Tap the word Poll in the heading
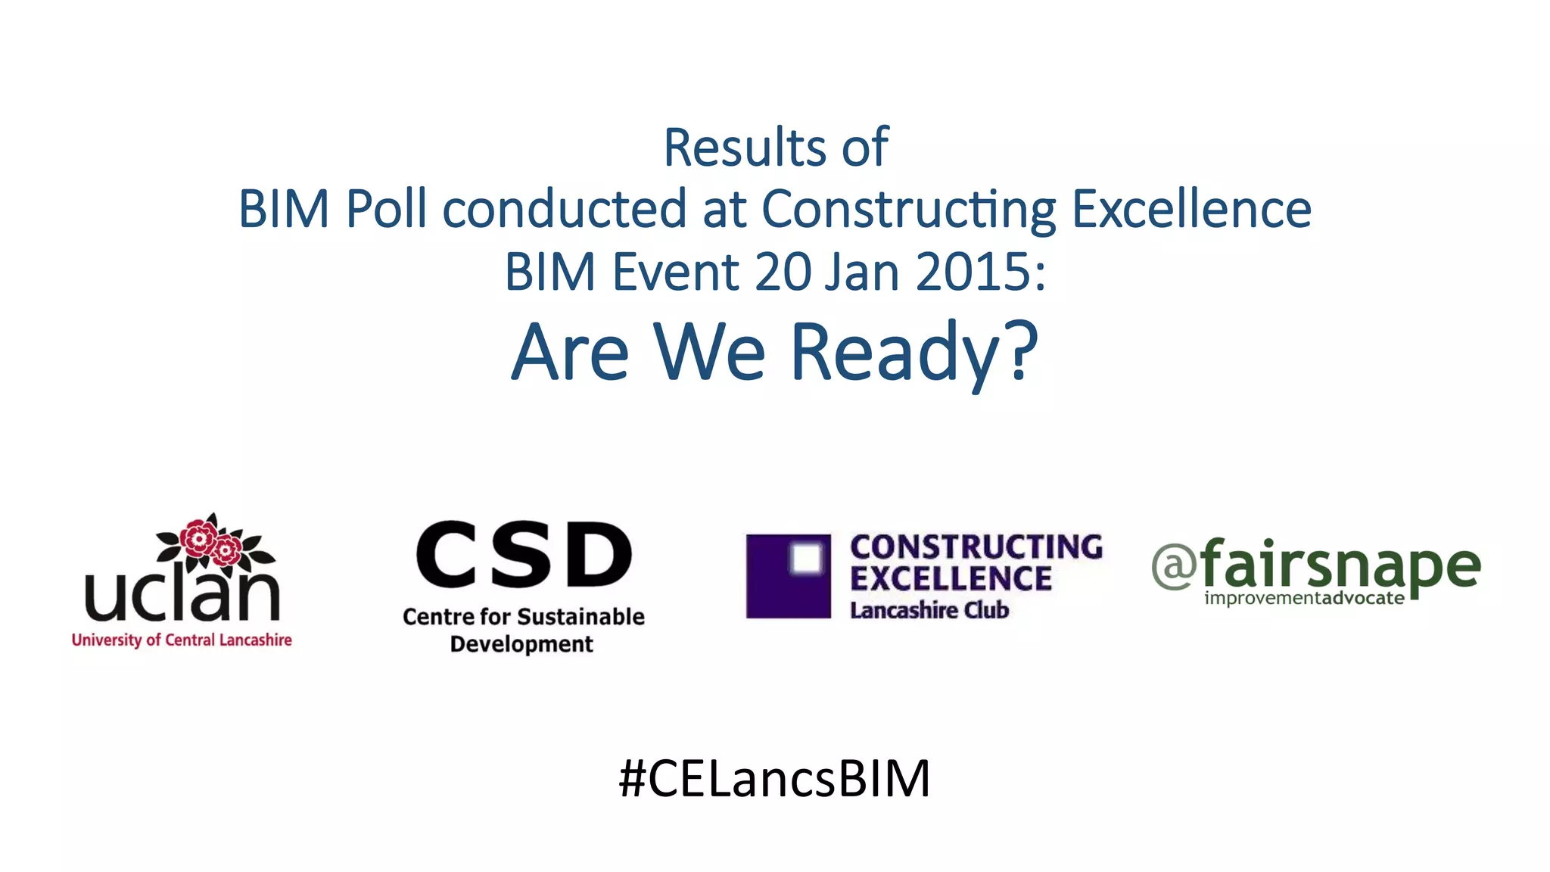pyautogui.click(x=386, y=209)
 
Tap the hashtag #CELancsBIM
pyautogui.click(x=774, y=778)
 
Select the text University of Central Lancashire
pyautogui.click(x=182, y=640)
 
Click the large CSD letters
pyautogui.click(x=524, y=555)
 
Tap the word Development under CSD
pyautogui.click(x=521, y=644)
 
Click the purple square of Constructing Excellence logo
pyautogui.click(x=788, y=576)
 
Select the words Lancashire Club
pyautogui.click(x=929, y=610)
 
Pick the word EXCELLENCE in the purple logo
pyautogui.click(x=951, y=579)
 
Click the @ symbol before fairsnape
pyautogui.click(x=1174, y=566)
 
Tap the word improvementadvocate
pyautogui.click(x=1304, y=598)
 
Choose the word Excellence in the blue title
pyautogui.click(x=1191, y=209)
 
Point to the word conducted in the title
pyautogui.click(x=564, y=209)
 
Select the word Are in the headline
pyautogui.click(x=570, y=353)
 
